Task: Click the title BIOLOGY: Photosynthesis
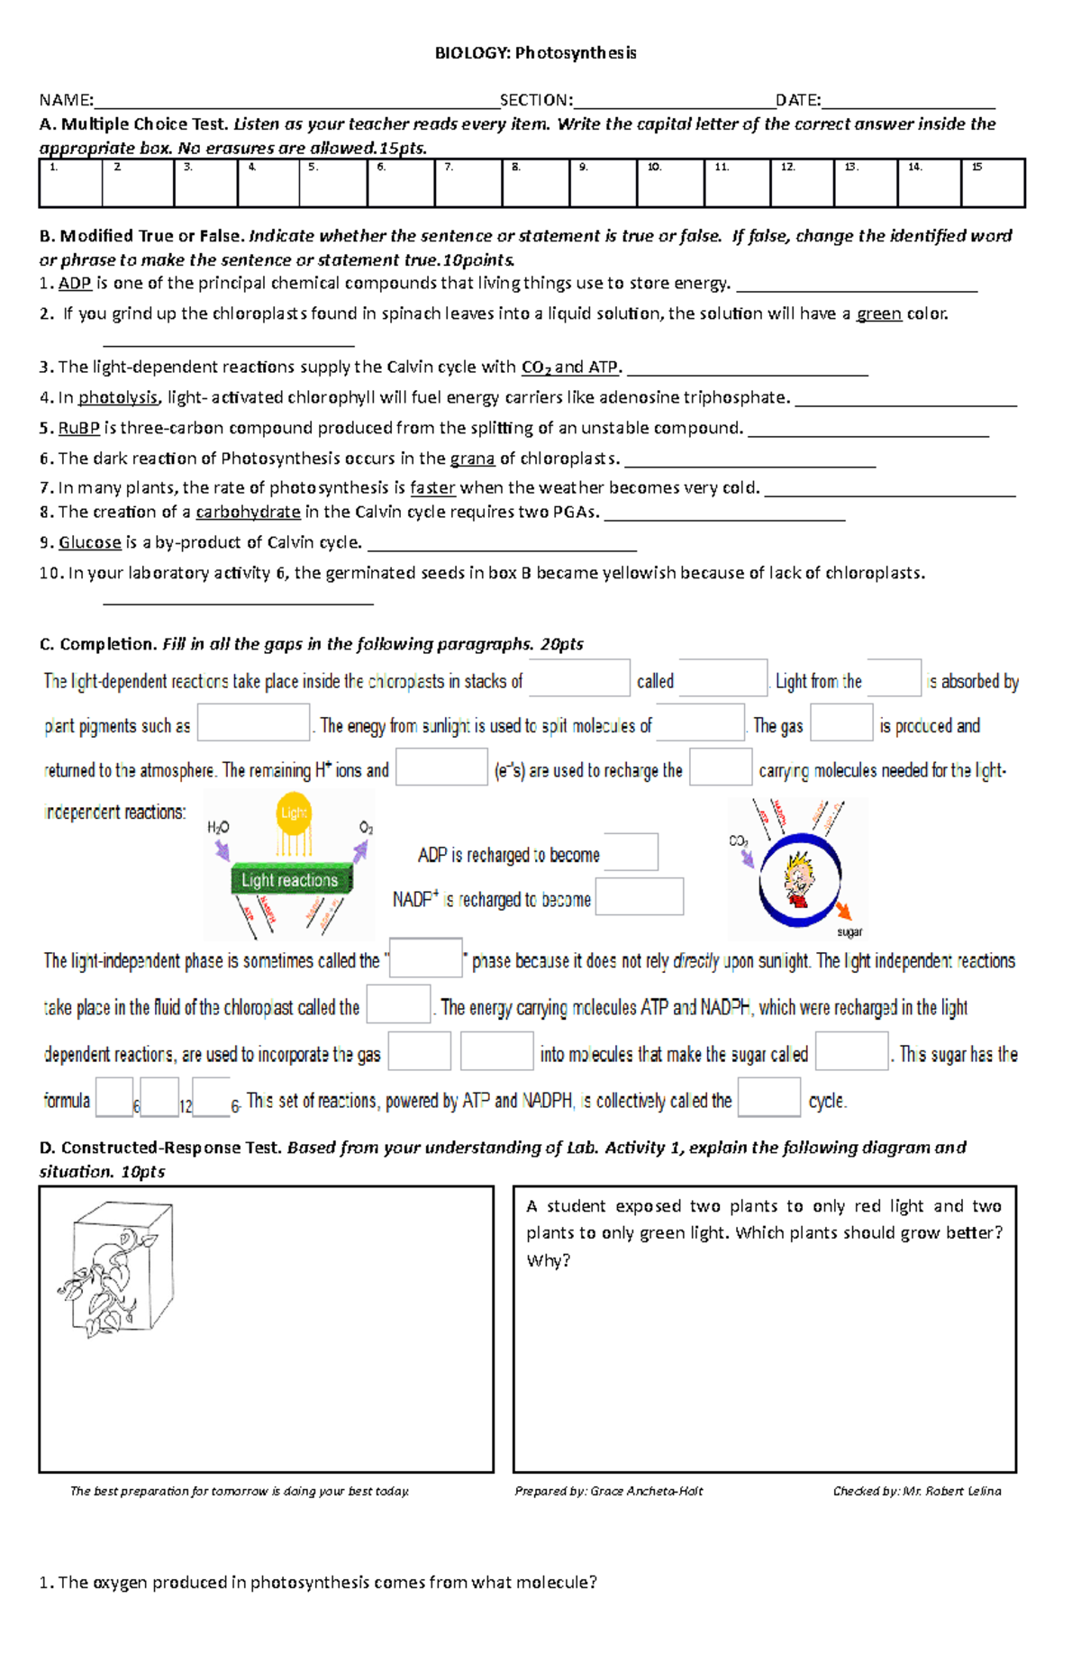coord(535,53)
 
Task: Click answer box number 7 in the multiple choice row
coord(468,184)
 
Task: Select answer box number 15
coord(993,184)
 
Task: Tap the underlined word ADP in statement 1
coord(75,284)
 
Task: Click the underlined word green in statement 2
coord(878,314)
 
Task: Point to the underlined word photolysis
coord(118,398)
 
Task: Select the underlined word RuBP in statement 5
coord(78,429)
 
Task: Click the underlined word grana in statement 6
coord(472,459)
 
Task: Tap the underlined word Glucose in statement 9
coord(89,543)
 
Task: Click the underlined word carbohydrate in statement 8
coord(248,513)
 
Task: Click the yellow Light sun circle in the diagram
coord(294,813)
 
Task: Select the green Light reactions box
coord(290,880)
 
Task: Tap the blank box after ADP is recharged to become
coord(631,852)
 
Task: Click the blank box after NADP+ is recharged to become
coord(640,897)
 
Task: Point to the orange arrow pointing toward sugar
coord(843,910)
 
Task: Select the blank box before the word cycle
coord(768,1098)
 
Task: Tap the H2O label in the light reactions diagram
coord(218,828)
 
